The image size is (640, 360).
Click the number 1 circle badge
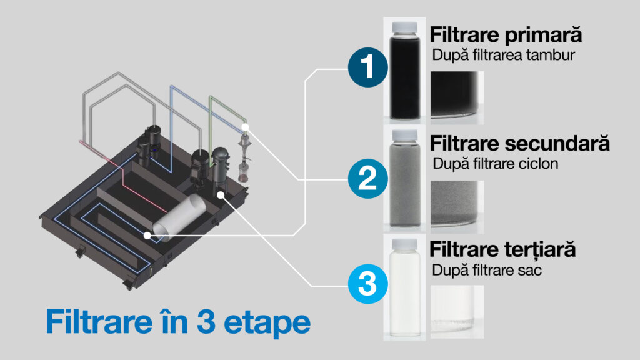tap(367, 67)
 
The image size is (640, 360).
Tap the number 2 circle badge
tap(367, 179)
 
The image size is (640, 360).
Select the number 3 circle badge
tap(367, 284)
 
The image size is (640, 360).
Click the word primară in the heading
tap(543, 36)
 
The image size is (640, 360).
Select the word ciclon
tap(538, 163)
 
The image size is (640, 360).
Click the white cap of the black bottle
tap(404, 27)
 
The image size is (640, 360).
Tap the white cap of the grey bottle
tap(404, 136)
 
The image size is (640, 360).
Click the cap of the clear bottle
tap(404, 244)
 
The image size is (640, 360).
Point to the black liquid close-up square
tap(457, 97)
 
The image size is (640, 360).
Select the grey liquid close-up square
tap(457, 206)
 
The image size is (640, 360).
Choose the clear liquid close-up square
tap(457, 312)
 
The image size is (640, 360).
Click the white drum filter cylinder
tap(179, 218)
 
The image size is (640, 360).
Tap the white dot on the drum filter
tap(147, 236)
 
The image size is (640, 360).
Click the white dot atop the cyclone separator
tap(245, 127)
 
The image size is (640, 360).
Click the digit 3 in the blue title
tap(206, 322)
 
